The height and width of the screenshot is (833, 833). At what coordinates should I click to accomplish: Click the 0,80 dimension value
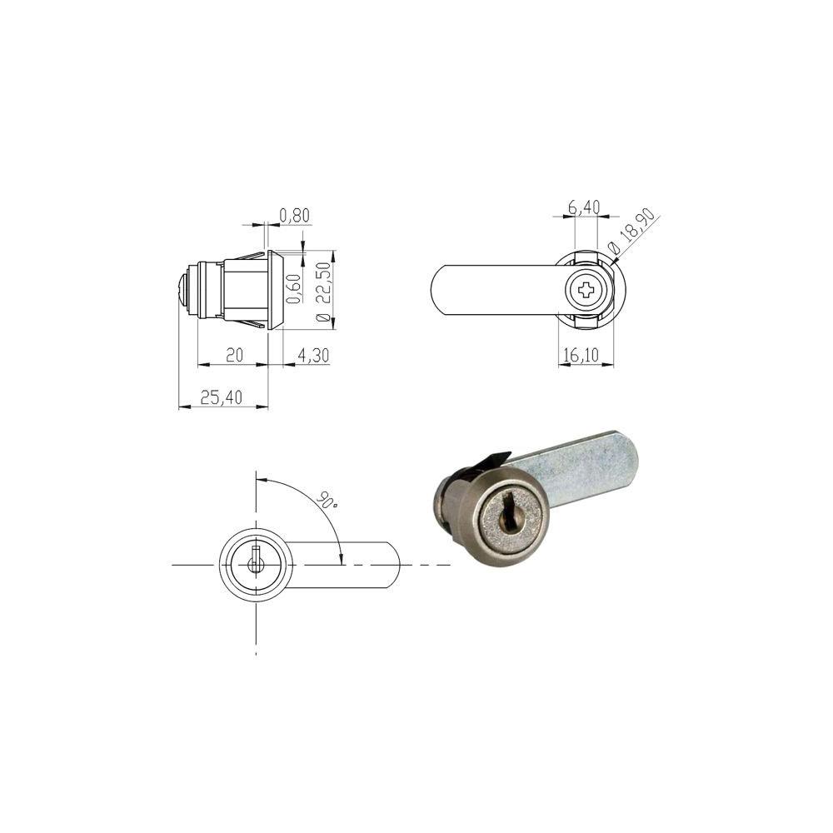294,215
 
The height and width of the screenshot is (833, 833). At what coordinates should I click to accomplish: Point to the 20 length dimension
234,354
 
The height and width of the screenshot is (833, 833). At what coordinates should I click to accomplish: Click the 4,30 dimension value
313,355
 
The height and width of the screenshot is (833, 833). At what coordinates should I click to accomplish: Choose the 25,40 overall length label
221,397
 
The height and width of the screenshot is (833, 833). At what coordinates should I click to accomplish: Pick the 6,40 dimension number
584,207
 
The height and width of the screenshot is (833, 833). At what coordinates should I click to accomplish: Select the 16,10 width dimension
581,354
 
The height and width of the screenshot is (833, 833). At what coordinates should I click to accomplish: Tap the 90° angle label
327,500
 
